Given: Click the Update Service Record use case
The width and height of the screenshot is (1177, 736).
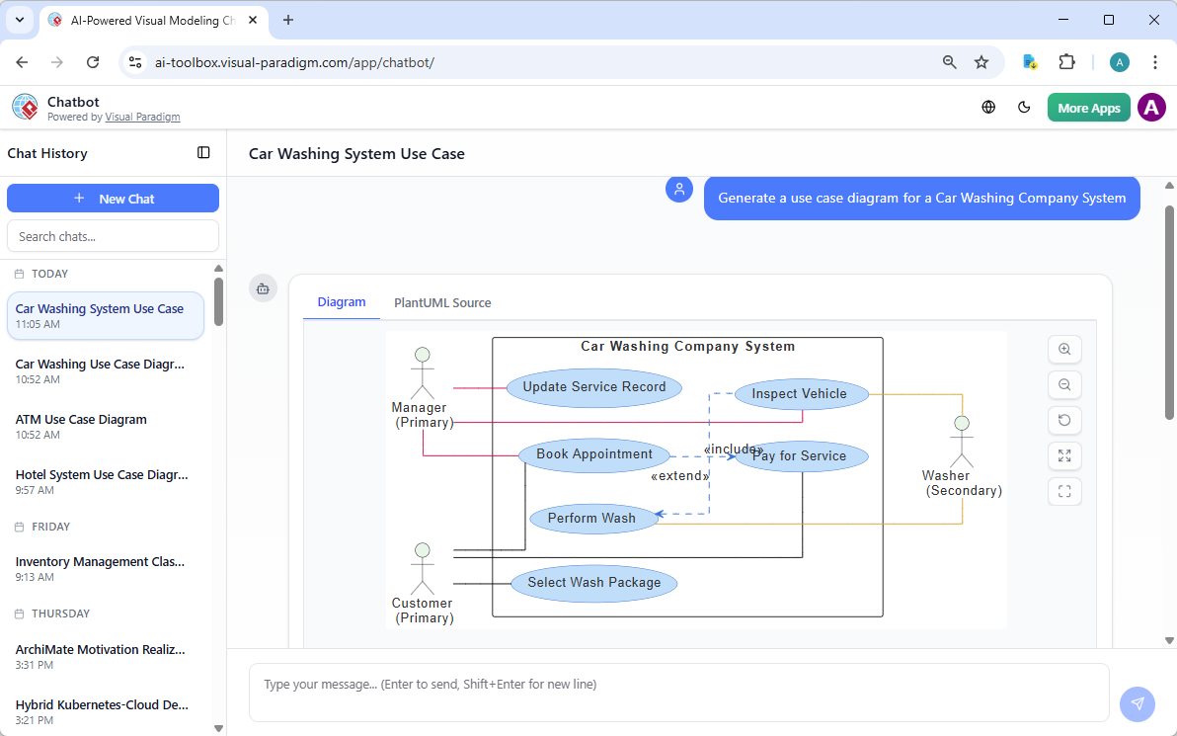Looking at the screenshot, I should click(x=593, y=387).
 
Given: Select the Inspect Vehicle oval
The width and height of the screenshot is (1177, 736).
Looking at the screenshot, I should click(x=799, y=394).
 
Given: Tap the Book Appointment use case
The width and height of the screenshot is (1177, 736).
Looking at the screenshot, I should click(x=593, y=454).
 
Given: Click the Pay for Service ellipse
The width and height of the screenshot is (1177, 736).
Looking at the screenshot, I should click(x=802, y=455).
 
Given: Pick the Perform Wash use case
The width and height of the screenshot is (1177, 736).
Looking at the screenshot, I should click(x=591, y=518).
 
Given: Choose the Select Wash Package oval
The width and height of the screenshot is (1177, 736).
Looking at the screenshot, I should click(x=593, y=583).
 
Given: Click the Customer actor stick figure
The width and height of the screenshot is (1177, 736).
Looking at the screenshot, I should click(x=423, y=567).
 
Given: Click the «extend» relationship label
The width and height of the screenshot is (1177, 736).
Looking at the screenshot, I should click(x=679, y=476).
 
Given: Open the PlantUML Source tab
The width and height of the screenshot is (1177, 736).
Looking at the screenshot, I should click(x=442, y=303).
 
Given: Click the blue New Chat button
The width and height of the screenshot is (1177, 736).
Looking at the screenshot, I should click(x=113, y=199).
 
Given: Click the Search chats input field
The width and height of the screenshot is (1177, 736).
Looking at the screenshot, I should click(x=113, y=236).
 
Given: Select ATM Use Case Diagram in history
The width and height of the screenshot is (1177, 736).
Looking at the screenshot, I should click(x=81, y=420).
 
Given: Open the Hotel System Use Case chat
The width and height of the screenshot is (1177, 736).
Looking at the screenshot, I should click(x=101, y=475).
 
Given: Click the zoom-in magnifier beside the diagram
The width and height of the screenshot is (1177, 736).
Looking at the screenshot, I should click(x=1064, y=349).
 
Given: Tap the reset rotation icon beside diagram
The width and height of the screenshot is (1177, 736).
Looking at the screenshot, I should click(x=1064, y=420).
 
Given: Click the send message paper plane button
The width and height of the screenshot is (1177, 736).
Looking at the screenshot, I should click(x=1138, y=703).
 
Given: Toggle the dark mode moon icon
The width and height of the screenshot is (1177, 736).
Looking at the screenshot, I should click(x=1024, y=108).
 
